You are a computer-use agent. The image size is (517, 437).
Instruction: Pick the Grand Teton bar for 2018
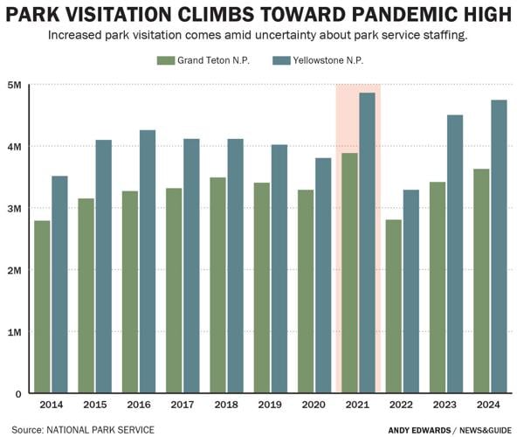[x=217, y=285]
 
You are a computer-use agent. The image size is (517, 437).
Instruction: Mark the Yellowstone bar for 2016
[x=148, y=261]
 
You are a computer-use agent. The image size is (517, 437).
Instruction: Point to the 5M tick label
[x=16, y=85]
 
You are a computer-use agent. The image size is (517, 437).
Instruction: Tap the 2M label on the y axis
[x=16, y=270]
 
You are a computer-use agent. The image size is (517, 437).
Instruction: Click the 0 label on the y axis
[x=19, y=393]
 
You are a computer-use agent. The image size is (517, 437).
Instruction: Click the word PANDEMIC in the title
[x=362, y=16]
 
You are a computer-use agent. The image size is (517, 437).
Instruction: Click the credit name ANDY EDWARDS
[x=419, y=429]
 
